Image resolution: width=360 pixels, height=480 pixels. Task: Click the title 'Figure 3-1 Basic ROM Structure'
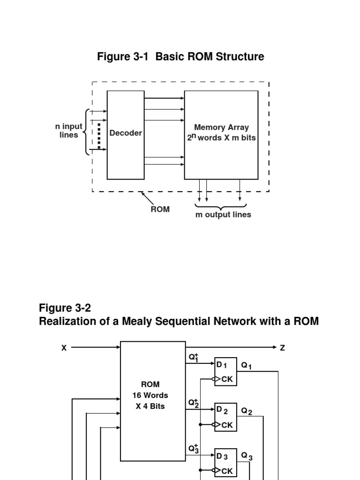[180, 57]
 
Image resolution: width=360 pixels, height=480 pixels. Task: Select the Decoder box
[126, 135]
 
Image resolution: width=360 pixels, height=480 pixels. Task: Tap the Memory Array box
[221, 135]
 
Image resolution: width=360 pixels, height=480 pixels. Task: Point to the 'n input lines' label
[68, 131]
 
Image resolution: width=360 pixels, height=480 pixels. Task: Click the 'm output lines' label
[223, 215]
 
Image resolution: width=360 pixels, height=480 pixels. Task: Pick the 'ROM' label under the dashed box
[160, 209]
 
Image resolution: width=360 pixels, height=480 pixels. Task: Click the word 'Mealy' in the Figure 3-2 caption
[140, 322]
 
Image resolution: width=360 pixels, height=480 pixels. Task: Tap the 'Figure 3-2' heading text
[65, 308]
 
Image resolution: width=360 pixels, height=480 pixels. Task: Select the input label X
[64, 348]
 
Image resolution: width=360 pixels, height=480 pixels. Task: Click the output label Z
[283, 348]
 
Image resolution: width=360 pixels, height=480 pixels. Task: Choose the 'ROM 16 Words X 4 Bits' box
[153, 401]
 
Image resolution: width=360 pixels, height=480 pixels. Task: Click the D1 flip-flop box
[225, 372]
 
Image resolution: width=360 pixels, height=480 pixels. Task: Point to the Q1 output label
[247, 366]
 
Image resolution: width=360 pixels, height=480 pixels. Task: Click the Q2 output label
[247, 411]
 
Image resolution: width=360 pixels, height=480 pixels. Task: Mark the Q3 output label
[247, 456]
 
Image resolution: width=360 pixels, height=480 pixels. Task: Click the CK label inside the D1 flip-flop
[227, 379]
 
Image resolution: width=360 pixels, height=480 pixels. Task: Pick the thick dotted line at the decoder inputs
[99, 136]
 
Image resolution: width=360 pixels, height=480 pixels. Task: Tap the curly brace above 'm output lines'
[221, 206]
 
